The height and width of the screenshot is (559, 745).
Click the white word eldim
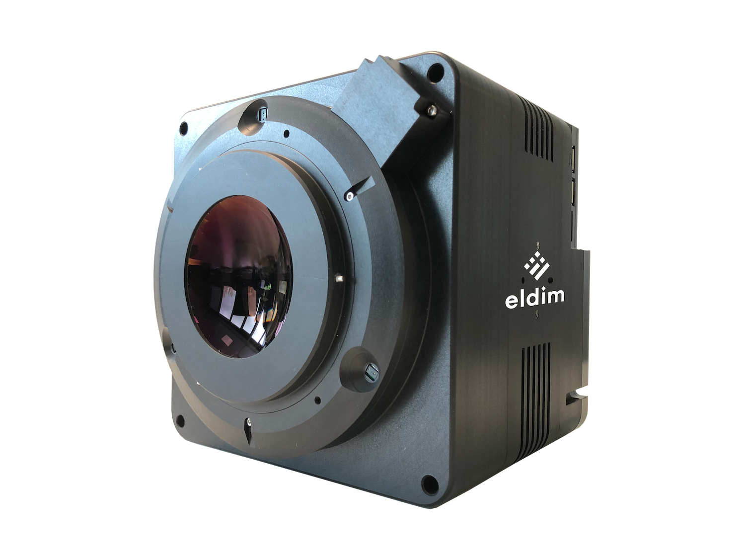534,299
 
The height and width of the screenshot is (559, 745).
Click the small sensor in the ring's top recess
263,116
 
